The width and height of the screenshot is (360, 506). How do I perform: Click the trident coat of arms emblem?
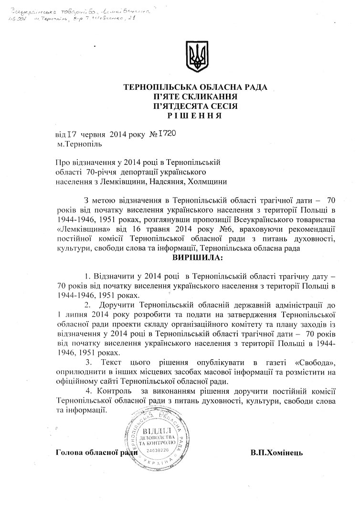coord(196,57)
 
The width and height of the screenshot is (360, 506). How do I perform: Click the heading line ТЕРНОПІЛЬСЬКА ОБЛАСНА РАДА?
coord(196,87)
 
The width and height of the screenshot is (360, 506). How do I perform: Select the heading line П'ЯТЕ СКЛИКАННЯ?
coord(196,97)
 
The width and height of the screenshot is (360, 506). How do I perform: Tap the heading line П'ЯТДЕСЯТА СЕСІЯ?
coord(196,106)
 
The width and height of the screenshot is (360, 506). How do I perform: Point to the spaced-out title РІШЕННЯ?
coord(196,116)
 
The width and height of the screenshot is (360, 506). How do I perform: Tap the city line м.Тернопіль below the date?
coord(79,143)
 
